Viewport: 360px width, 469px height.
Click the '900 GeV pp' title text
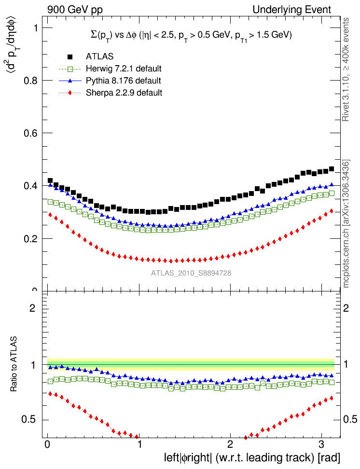tap(75, 10)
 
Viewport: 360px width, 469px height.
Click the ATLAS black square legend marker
tap(70, 57)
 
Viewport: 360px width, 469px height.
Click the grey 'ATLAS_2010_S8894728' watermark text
tap(191, 273)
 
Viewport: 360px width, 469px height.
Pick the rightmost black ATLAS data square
tap(332, 169)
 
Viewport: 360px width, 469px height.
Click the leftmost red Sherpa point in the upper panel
tap(50, 215)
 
